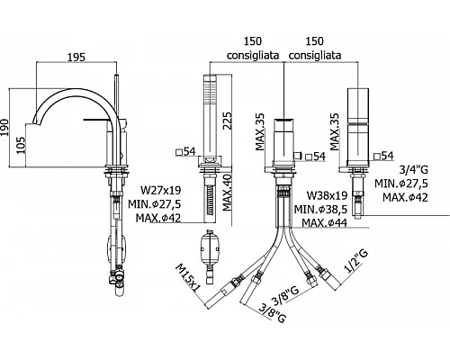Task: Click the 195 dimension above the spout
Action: pos(76,57)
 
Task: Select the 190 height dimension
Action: pos(5,128)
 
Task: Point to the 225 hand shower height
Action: pos(227,121)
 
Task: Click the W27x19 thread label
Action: pos(161,190)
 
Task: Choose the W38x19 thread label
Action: pos(327,195)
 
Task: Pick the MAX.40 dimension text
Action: pos(228,193)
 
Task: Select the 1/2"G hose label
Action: pos(356,262)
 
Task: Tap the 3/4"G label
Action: pos(414,170)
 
